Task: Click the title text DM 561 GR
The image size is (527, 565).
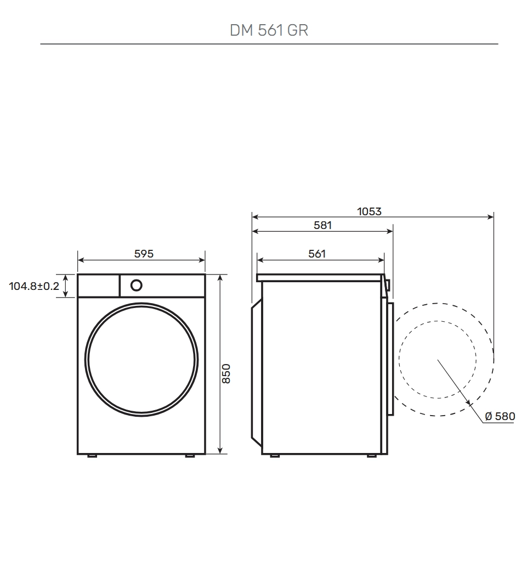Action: pos(269,30)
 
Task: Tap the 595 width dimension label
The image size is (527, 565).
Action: pos(144,254)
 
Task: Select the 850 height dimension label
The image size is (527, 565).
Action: pos(226,374)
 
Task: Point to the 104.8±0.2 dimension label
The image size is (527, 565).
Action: pos(34,286)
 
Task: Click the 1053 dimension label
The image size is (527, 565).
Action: pos(369,211)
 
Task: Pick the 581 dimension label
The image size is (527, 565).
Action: pos(322,225)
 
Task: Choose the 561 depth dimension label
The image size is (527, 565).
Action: pos(317,254)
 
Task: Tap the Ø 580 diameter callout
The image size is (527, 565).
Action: pos(500,416)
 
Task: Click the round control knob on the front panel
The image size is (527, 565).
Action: pos(137,286)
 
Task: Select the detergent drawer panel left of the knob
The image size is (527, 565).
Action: pos(98,286)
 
